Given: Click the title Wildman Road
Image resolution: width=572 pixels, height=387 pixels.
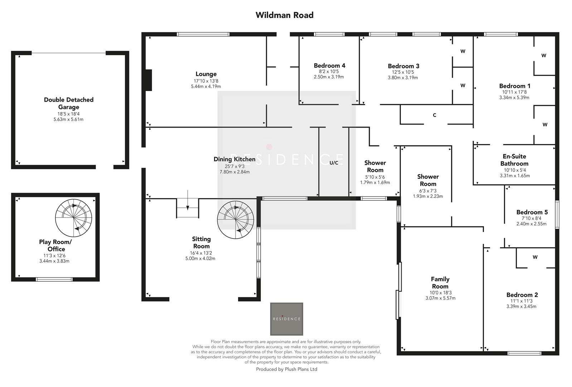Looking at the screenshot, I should (x=284, y=15).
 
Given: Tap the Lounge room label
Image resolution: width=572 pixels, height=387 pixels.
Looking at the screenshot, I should (x=206, y=74).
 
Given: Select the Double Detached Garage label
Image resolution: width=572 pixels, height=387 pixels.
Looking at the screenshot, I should (x=69, y=103).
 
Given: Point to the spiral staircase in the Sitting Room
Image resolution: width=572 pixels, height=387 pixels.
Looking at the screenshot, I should (x=236, y=220).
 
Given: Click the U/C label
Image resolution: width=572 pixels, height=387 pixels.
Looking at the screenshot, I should (x=334, y=163).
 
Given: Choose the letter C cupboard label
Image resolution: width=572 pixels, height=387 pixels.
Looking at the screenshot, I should (x=435, y=115).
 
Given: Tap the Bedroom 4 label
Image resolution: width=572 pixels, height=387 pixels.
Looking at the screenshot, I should (x=329, y=66).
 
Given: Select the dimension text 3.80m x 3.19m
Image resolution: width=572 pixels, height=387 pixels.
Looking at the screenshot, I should (x=403, y=77).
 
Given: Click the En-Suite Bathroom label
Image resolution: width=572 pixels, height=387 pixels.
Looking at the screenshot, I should (x=514, y=160).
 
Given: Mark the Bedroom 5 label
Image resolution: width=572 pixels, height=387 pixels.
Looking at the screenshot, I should (x=532, y=212).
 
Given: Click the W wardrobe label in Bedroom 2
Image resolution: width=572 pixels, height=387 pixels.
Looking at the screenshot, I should (x=535, y=257).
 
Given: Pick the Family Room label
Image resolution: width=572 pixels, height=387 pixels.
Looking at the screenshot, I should (x=440, y=283).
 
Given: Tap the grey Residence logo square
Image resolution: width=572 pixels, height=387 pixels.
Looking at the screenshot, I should (x=286, y=319).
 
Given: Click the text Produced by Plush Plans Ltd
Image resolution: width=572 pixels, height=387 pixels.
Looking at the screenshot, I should (x=286, y=369).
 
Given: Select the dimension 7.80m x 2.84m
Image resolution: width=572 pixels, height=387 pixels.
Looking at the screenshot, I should (x=234, y=172).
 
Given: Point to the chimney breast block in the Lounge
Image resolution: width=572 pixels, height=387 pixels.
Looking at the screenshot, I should (x=148, y=80).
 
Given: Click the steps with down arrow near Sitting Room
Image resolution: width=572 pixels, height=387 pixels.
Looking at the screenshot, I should (x=187, y=208).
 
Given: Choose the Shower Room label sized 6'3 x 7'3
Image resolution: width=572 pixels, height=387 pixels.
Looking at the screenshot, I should (x=428, y=180).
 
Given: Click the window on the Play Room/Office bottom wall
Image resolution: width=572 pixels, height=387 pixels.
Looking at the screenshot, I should (x=54, y=279).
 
